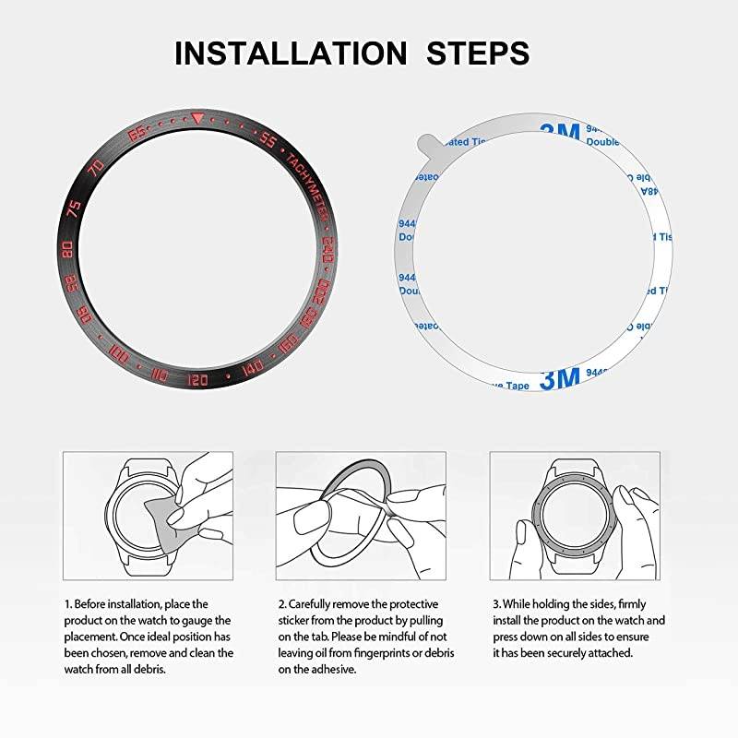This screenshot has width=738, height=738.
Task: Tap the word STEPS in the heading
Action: click(x=478, y=53)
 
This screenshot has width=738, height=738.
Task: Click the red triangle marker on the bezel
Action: click(x=198, y=118)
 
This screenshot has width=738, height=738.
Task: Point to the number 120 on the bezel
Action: click(x=197, y=379)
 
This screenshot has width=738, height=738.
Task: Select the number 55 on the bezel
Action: click(x=268, y=140)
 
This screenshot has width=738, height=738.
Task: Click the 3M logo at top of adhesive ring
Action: click(x=556, y=132)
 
